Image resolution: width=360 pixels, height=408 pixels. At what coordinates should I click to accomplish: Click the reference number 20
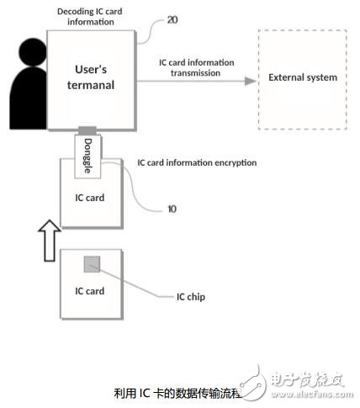(172, 20)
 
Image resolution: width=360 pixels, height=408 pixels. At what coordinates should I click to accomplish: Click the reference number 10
(172, 209)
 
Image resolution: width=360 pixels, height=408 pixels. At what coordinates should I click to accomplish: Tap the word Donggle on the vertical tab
(87, 156)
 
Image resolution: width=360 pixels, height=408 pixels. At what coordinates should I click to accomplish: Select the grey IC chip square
(92, 264)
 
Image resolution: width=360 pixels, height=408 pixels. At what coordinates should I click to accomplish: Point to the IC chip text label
(191, 297)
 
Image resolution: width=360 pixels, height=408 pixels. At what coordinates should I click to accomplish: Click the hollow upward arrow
(50, 241)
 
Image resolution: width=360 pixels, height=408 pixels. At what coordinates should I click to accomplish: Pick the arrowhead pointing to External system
(251, 81)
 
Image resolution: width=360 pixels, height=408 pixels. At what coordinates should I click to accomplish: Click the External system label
(303, 77)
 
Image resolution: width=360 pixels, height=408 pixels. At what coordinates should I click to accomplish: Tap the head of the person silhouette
(33, 52)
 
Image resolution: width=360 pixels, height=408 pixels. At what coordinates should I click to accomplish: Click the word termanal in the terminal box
(91, 85)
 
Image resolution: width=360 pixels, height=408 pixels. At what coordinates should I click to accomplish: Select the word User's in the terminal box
(91, 69)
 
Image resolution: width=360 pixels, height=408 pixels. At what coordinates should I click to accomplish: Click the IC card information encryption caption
(197, 163)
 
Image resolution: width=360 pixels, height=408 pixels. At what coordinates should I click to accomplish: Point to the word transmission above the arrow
(195, 73)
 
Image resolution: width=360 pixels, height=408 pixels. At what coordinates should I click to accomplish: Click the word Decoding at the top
(72, 12)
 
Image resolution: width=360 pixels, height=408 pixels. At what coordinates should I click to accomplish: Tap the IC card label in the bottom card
(90, 291)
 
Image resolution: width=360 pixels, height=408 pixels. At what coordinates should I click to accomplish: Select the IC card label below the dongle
(90, 198)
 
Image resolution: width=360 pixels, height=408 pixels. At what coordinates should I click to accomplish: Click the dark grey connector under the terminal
(87, 130)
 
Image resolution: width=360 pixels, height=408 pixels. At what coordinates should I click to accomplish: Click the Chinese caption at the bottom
(177, 394)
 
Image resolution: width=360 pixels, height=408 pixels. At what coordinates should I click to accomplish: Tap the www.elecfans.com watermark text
(312, 395)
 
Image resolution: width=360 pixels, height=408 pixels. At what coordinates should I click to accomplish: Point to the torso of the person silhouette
(29, 98)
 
